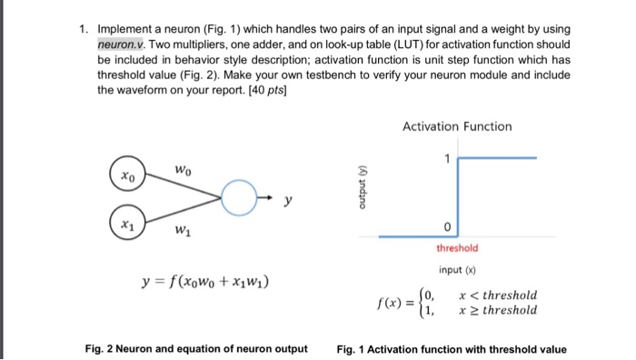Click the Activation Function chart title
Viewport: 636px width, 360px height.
[x=457, y=126]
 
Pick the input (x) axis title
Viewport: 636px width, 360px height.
[x=457, y=271]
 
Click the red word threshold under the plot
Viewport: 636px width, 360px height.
[x=458, y=247]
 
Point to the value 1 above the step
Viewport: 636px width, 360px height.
[x=448, y=159]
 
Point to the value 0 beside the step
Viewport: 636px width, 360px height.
[x=448, y=226]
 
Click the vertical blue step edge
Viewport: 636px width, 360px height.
[x=458, y=196]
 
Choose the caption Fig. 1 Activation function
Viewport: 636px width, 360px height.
[x=451, y=348]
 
